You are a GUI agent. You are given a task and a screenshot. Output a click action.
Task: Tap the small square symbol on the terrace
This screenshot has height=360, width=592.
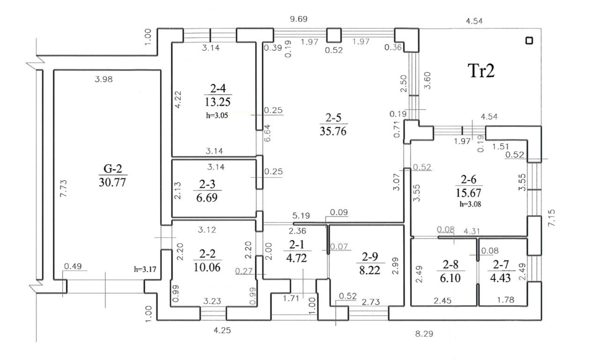pos(529,41)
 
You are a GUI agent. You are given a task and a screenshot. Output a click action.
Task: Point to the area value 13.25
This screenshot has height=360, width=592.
pos(217,102)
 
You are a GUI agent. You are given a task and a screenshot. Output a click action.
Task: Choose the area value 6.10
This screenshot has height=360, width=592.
pos(450,277)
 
